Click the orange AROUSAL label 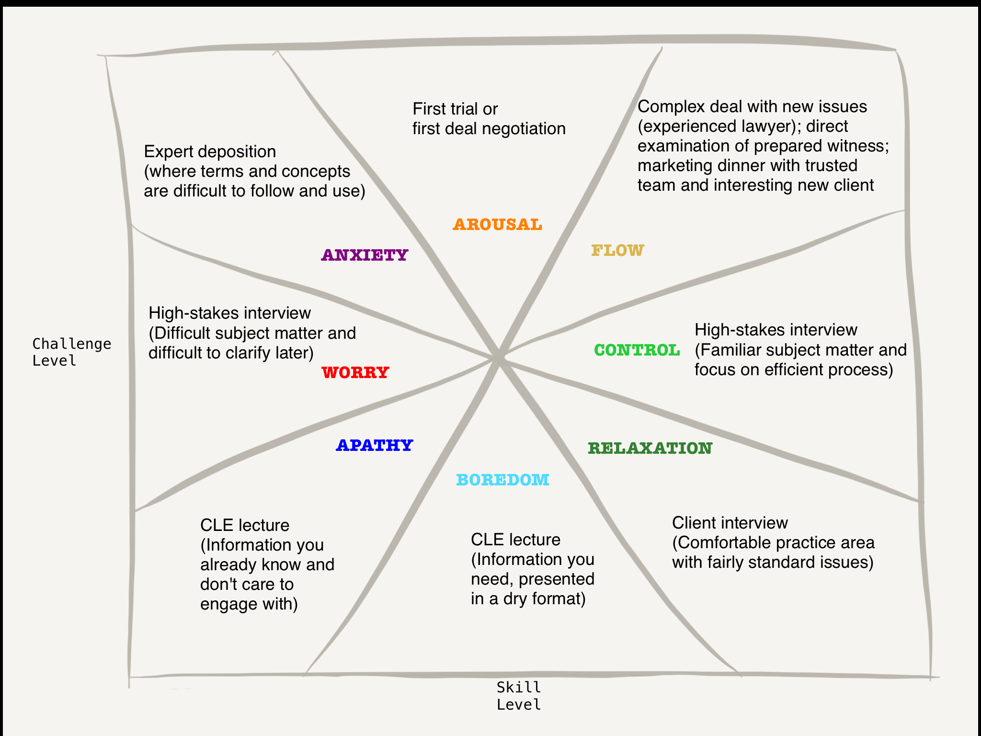(x=497, y=224)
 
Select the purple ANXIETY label (x=365, y=255)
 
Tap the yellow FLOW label (x=617, y=250)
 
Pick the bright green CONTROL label (x=637, y=350)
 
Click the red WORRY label (x=355, y=372)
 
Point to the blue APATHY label (x=375, y=445)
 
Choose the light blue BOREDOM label (x=502, y=480)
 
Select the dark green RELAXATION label (x=650, y=448)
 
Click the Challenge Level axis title (x=71, y=352)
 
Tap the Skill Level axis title (x=519, y=696)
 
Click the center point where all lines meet (x=499, y=358)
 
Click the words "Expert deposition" (x=210, y=151)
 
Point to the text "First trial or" (x=455, y=109)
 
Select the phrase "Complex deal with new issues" (x=752, y=106)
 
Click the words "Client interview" (x=730, y=523)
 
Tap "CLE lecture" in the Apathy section (x=245, y=525)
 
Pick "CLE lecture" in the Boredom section (x=515, y=540)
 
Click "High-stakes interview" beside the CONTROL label (x=776, y=330)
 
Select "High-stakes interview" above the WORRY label (x=229, y=313)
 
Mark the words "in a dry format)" (x=528, y=598)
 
